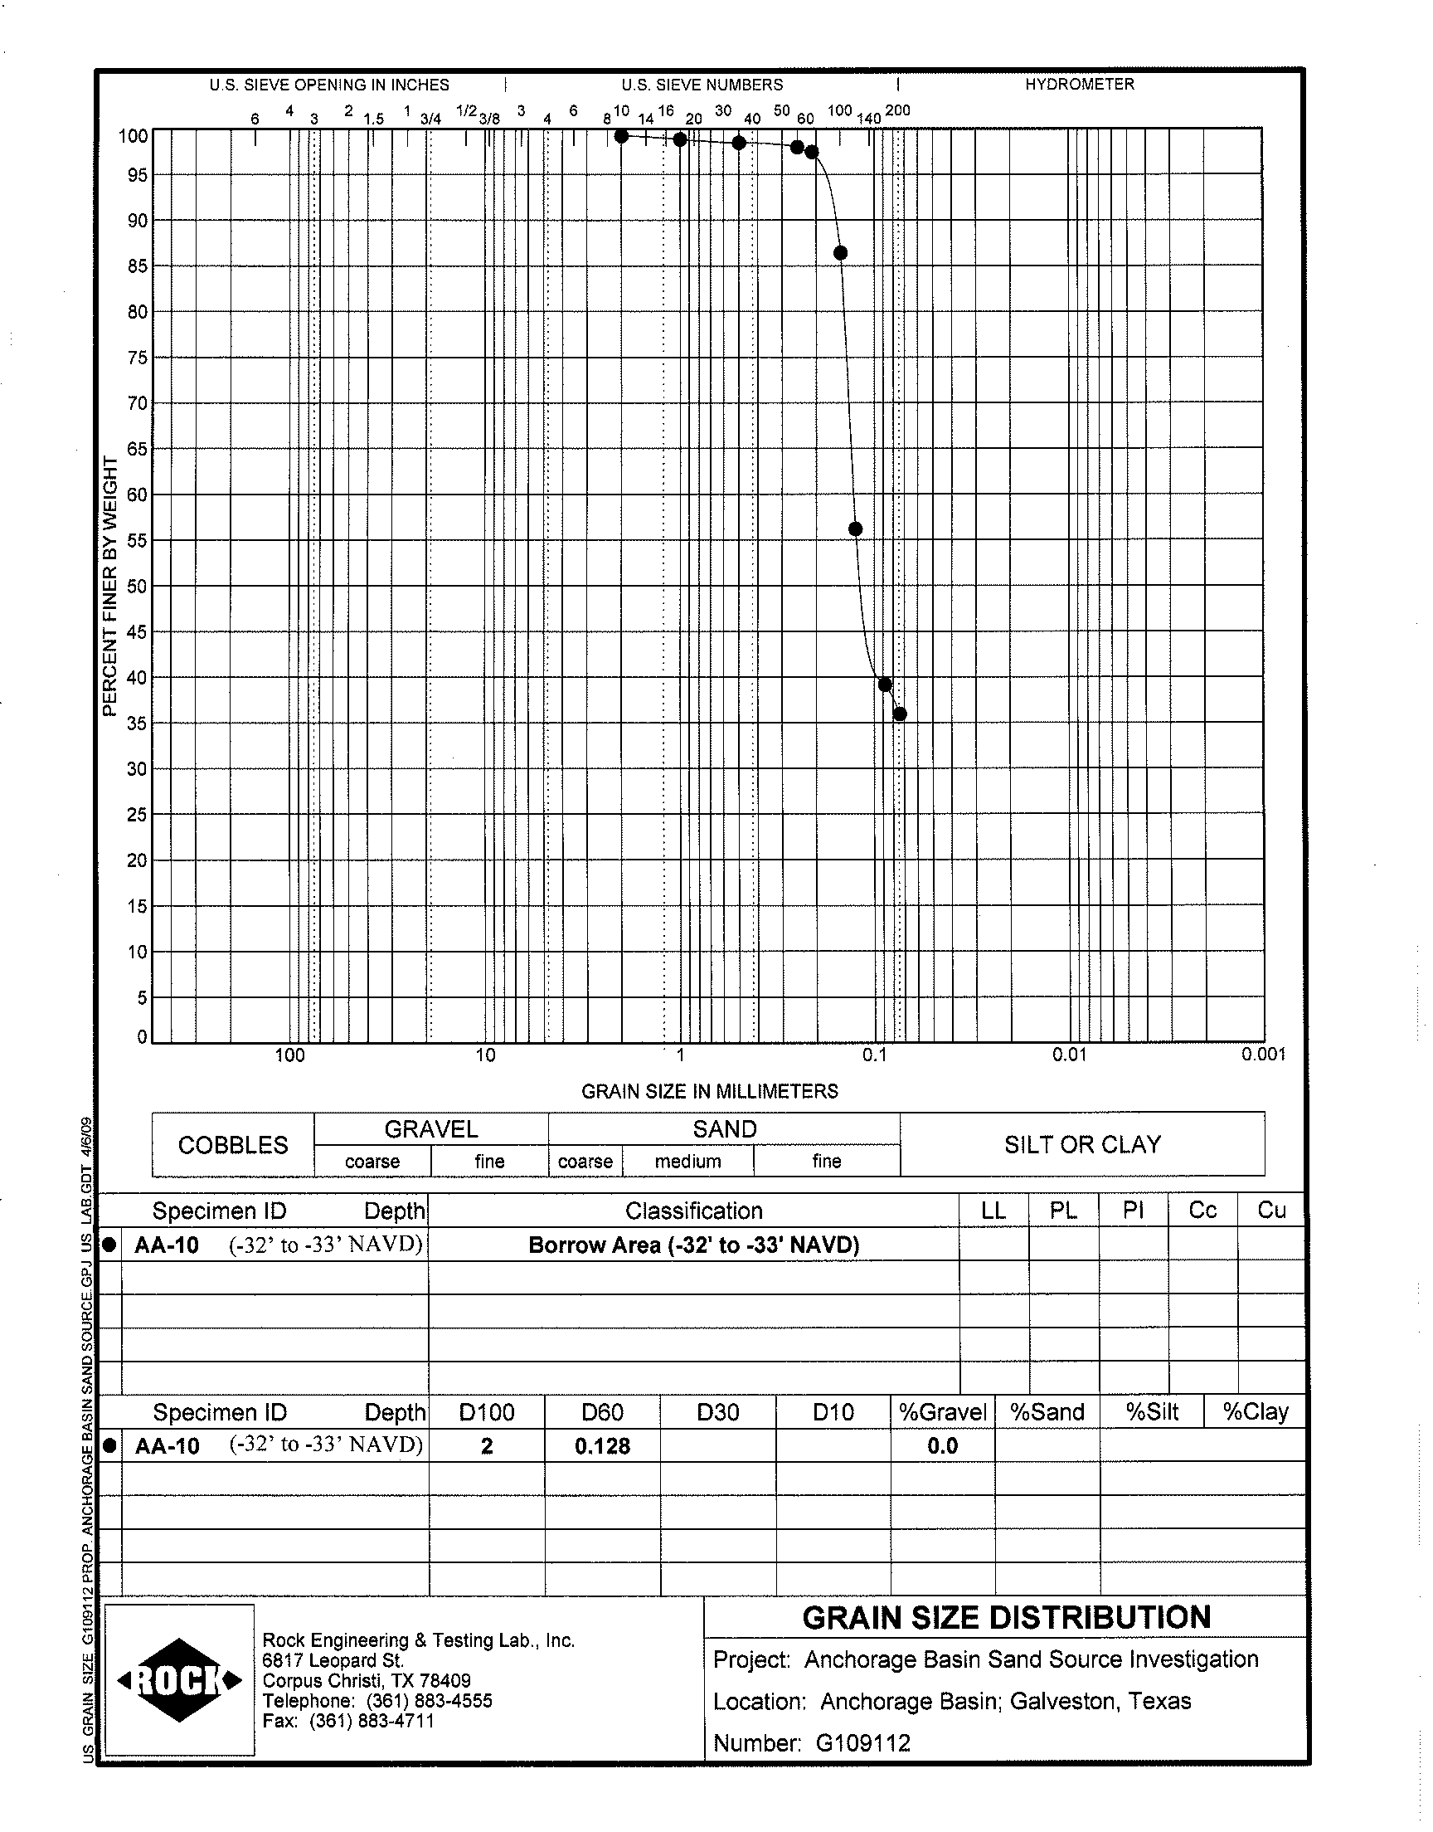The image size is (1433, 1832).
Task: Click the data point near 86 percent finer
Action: tap(840, 253)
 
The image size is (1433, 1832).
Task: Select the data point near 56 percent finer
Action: tap(856, 529)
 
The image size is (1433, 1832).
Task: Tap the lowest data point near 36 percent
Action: tap(900, 714)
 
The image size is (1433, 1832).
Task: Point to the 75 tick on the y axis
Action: tap(137, 358)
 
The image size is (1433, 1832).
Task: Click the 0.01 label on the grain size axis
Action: tap(1069, 1055)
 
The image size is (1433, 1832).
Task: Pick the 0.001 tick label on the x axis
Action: tap(1263, 1055)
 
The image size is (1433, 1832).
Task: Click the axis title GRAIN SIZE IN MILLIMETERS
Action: tap(710, 1091)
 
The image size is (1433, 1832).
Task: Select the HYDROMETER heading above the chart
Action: tap(1079, 85)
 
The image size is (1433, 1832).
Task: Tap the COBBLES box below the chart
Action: tap(233, 1145)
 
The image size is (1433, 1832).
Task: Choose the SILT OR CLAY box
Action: tap(1082, 1145)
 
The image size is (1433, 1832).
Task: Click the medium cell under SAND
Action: tap(688, 1162)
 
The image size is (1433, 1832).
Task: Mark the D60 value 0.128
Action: tap(602, 1446)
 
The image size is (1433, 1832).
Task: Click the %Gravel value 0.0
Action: tap(942, 1446)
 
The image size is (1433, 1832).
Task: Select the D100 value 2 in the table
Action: tap(487, 1446)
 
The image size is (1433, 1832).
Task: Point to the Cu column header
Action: tap(1271, 1211)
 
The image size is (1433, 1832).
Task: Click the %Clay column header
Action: tap(1256, 1412)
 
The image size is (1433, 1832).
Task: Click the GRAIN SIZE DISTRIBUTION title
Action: tap(1006, 1617)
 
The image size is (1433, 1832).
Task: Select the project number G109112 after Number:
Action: tap(863, 1743)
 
